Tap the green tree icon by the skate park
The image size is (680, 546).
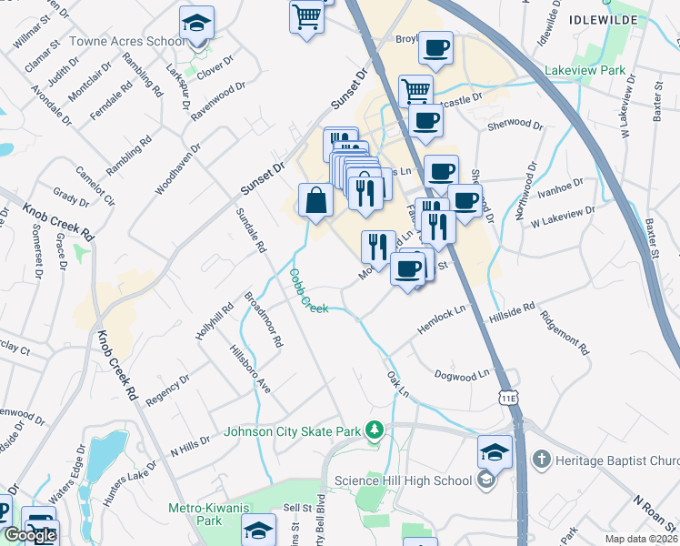pyautogui.click(x=374, y=430)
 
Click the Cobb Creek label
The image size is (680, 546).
pyautogui.click(x=309, y=291)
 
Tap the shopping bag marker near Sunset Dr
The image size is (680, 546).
pyautogui.click(x=315, y=200)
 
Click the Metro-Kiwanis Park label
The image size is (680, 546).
pyautogui.click(x=195, y=515)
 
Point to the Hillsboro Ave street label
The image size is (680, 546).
pyautogui.click(x=250, y=369)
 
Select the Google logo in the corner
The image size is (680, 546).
pyautogui.click(x=30, y=535)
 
